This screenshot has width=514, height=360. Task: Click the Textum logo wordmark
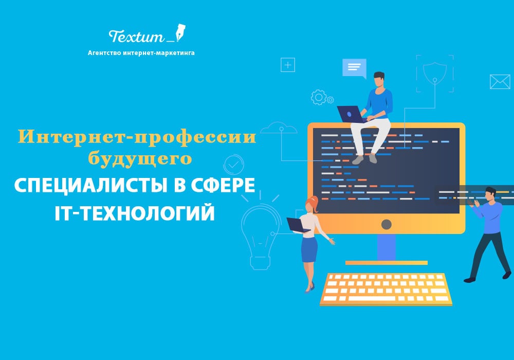click(x=136, y=36)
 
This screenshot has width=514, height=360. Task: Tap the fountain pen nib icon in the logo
click(x=180, y=32)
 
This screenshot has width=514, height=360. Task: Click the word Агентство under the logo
click(x=104, y=53)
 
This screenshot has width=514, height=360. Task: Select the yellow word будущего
click(x=140, y=159)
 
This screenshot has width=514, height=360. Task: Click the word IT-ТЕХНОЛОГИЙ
click(x=135, y=213)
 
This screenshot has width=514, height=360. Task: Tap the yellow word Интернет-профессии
click(x=137, y=137)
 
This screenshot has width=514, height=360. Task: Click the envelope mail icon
click(x=500, y=82)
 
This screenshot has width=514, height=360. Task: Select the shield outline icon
click(x=435, y=73)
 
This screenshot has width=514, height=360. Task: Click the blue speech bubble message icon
click(x=354, y=68)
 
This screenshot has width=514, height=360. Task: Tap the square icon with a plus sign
click(x=288, y=65)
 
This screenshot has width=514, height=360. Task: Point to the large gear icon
click(x=318, y=97)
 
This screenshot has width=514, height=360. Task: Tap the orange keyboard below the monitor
click(x=386, y=289)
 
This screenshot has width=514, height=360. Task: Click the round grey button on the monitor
click(x=387, y=225)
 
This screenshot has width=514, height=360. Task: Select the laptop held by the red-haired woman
click(x=297, y=225)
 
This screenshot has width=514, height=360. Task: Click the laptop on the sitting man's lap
click(x=351, y=114)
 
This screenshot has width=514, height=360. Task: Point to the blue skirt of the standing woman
click(x=309, y=249)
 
